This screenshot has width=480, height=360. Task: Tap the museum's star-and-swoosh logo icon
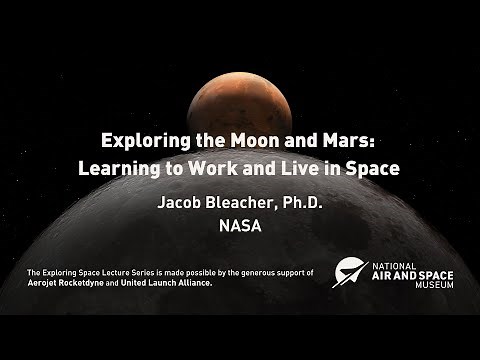coord(350,273)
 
